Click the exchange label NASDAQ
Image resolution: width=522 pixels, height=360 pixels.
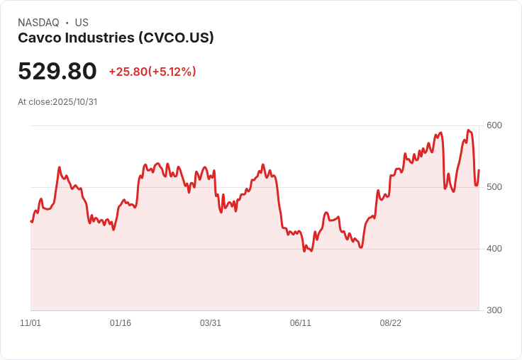pos(38,23)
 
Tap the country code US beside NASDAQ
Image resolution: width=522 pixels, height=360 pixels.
pos(82,23)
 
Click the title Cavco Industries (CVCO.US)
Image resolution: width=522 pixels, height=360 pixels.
pos(116,38)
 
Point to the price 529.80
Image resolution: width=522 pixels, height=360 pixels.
pos(57,72)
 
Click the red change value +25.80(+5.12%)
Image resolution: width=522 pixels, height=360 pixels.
pos(152,72)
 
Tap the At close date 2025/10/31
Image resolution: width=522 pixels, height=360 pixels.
pos(74,101)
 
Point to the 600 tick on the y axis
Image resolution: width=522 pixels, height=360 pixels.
pos(494,125)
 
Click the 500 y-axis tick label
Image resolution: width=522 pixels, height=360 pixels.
pos(494,187)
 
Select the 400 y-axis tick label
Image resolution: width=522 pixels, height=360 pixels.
pos(494,249)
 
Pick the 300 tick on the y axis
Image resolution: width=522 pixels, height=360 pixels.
pos(494,310)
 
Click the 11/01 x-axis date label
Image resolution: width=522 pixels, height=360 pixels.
pos(30,323)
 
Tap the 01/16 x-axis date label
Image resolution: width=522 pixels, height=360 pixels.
pos(121,323)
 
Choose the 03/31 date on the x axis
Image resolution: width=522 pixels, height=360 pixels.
pos(211,323)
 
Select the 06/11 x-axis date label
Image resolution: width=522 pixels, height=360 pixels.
pos(301,323)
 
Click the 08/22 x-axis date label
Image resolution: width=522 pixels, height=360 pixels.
pos(391,323)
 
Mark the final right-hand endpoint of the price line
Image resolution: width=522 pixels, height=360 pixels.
pos(479,170)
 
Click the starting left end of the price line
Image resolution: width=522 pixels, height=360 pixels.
pos(31,222)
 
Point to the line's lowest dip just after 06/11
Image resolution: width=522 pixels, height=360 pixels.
pos(305,251)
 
